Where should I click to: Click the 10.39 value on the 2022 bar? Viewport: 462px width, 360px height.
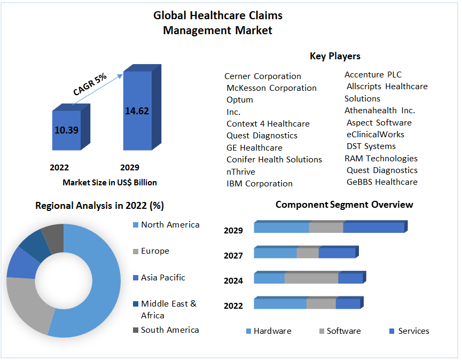point(66,130)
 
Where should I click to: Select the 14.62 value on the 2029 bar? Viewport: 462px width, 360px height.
point(137,111)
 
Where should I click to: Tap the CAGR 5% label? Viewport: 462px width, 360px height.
point(90,84)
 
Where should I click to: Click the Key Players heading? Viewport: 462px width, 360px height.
point(335,56)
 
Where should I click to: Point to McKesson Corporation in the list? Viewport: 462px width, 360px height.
point(271,88)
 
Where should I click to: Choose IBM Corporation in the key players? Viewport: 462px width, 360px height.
point(260,183)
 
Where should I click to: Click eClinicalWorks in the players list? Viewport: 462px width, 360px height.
point(375,134)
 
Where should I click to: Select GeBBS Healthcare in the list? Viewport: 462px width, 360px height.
point(382,182)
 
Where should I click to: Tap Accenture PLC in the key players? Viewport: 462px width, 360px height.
point(373,74)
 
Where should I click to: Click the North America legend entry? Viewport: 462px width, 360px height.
point(170,225)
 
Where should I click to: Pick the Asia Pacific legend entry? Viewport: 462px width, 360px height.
point(163,277)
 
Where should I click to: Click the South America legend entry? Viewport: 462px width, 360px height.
point(169,330)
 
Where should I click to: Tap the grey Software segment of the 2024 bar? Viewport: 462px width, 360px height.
point(311,278)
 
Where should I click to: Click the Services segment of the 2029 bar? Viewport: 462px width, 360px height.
point(373,228)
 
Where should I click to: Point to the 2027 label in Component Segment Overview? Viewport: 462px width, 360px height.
point(233,255)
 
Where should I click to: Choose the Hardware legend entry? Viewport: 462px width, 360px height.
point(272,331)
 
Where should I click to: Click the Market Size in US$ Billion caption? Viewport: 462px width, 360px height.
point(109,183)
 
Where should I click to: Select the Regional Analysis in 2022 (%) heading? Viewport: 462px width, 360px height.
point(99,205)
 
